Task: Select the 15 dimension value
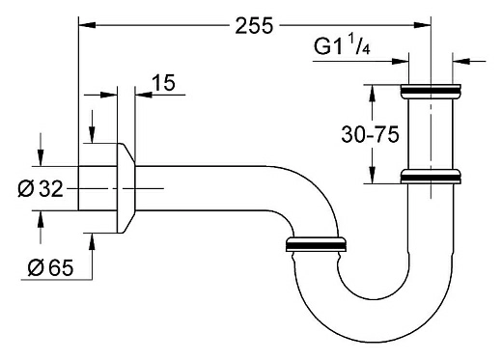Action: point(163,84)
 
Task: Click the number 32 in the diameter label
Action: point(50,189)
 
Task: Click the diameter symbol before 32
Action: point(25,189)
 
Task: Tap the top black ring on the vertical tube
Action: point(428,93)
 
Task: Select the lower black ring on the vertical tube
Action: point(428,178)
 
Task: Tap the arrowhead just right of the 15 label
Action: point(141,95)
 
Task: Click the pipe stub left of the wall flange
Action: point(97,188)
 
